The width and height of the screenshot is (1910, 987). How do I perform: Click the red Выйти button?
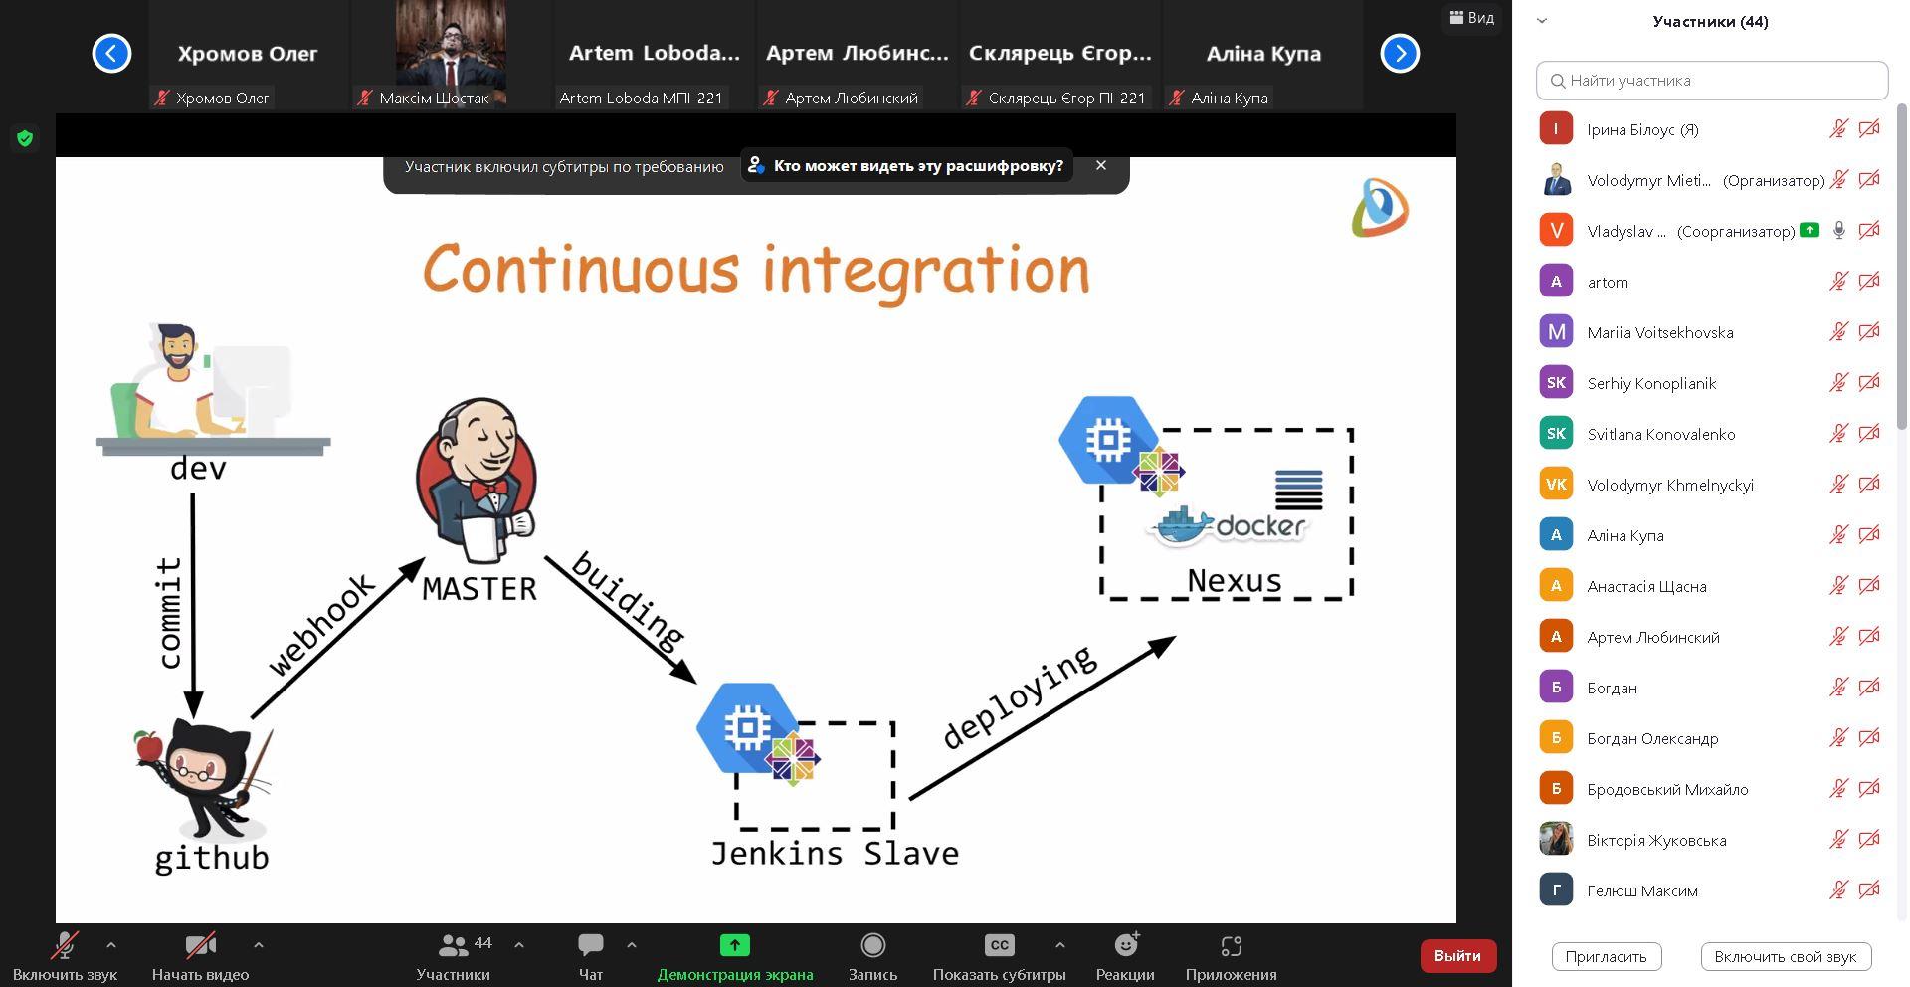point(1457,955)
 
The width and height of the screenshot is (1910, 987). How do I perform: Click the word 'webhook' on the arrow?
point(321,624)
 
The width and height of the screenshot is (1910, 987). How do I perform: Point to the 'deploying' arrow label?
point(1019,696)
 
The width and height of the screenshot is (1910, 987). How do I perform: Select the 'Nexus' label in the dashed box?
point(1235,581)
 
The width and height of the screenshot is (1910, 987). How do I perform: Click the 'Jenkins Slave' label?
point(835,854)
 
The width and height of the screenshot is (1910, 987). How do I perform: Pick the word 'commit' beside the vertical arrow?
point(169,613)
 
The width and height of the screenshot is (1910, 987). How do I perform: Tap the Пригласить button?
point(1606,957)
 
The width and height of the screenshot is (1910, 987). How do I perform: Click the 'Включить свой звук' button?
point(1786,957)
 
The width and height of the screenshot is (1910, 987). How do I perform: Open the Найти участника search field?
point(1712,81)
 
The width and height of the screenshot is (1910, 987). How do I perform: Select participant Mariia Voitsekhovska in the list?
point(1659,332)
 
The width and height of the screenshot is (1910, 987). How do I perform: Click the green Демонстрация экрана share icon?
point(735,945)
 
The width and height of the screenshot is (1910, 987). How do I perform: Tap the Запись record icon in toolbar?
point(872,945)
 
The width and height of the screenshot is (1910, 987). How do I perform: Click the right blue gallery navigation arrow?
point(1400,53)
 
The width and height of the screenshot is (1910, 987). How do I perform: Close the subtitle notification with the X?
point(1101,165)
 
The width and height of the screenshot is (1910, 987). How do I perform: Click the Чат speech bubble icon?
point(591,945)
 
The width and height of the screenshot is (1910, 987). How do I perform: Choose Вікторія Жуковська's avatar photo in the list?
point(1556,839)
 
